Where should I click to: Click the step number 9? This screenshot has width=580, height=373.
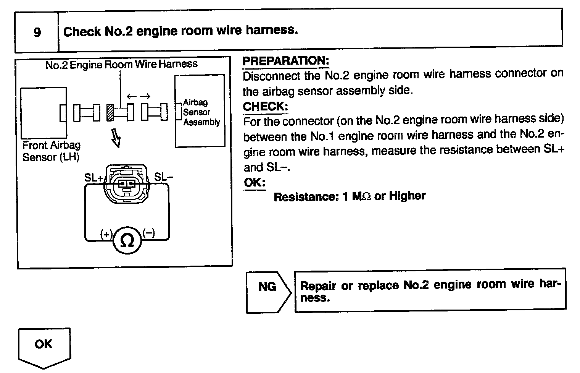click(37, 32)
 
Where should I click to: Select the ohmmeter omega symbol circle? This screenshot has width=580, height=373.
click(127, 240)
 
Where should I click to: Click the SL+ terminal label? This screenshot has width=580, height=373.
click(93, 178)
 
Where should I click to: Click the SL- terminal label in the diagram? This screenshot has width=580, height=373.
click(163, 177)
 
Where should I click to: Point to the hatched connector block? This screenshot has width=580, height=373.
click(111, 113)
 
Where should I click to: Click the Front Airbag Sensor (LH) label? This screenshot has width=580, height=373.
click(52, 151)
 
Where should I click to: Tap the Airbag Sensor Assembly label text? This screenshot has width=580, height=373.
click(201, 112)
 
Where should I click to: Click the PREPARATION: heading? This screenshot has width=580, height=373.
click(285, 61)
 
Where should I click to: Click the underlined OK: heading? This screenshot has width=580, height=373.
click(255, 183)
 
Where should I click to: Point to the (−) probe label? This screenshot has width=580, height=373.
click(149, 233)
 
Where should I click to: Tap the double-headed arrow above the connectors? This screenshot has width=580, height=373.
click(138, 97)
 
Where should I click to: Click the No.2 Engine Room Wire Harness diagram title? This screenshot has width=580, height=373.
click(121, 64)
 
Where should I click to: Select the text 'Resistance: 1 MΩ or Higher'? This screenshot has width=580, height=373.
click(350, 196)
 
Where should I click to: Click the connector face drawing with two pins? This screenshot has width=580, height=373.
click(126, 184)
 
